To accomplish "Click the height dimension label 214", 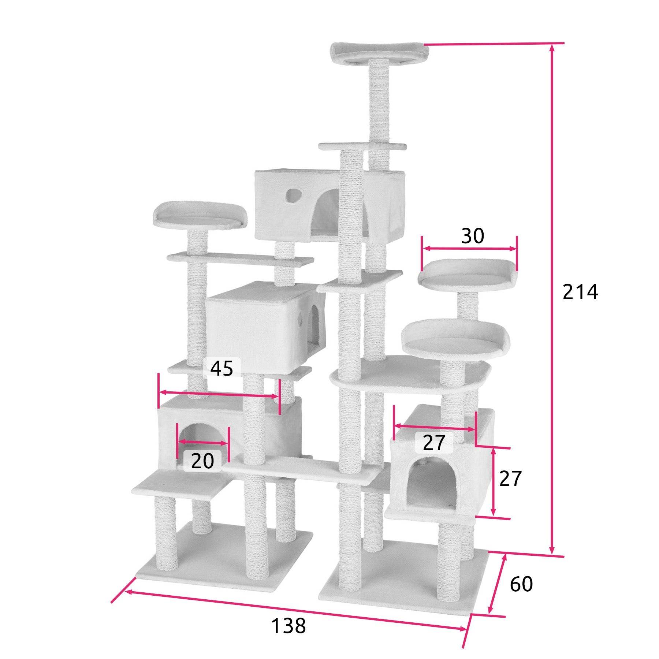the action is [580, 292].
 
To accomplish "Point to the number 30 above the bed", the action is [472, 236].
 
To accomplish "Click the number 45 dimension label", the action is [222, 368].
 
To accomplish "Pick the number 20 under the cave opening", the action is [202, 461].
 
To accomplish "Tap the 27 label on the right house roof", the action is [434, 442].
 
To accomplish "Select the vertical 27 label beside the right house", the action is [510, 478].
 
